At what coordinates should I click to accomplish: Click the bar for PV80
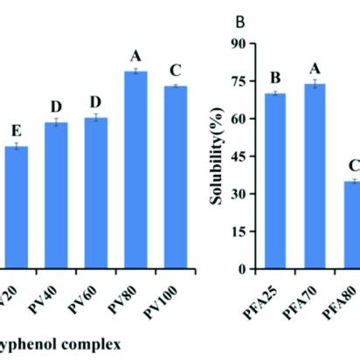tap(135, 170)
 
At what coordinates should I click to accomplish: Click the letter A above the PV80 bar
tap(135, 56)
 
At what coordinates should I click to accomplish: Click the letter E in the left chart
tap(16, 129)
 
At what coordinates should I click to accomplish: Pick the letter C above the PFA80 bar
tap(354, 165)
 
